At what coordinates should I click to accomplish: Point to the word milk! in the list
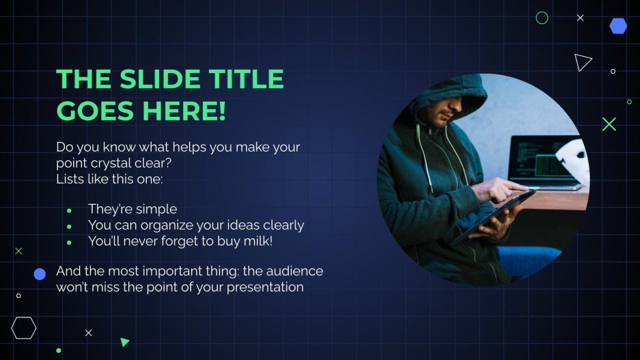[x=257, y=240]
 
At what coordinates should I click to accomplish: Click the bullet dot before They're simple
[x=69, y=210]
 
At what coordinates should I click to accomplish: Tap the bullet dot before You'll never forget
[x=69, y=242]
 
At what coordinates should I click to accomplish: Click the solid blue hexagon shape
[x=618, y=26]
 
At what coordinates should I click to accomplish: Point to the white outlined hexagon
[x=23, y=328]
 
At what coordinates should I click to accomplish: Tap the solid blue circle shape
[x=40, y=274]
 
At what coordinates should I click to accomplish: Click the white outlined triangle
[x=582, y=62]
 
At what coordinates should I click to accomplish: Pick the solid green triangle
[x=124, y=342]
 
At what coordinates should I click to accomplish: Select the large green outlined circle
[x=542, y=18]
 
